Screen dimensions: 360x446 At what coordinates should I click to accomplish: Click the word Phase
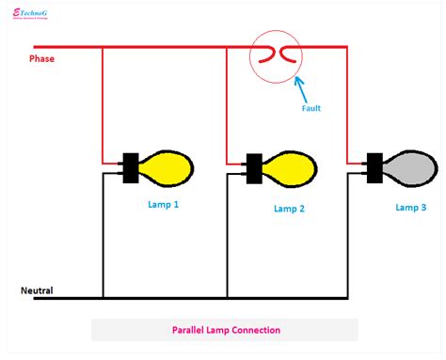[41, 58]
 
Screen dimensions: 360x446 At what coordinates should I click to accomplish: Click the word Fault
[311, 108]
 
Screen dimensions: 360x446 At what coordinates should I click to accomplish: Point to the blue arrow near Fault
[300, 88]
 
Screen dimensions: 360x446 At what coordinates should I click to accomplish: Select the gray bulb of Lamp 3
[409, 168]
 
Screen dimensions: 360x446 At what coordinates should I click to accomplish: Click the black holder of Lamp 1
[131, 167]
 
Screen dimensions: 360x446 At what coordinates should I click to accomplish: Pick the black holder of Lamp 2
[253, 170]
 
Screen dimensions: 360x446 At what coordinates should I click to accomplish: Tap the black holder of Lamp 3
[374, 168]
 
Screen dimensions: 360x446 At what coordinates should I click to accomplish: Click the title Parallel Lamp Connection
[225, 330]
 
